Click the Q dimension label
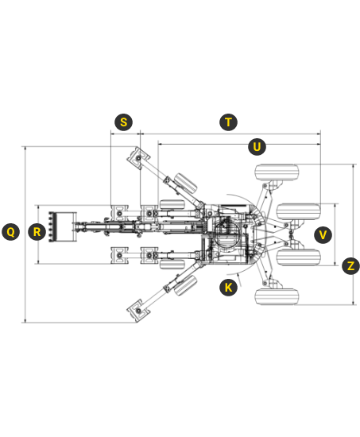[11, 231]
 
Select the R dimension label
[37, 231]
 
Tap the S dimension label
[123, 122]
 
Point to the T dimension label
[228, 122]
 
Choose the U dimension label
[257, 147]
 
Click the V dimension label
[323, 234]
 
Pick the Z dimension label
[350, 265]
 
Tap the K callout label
[228, 287]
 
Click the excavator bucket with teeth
[63, 227]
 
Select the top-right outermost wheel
[277, 172]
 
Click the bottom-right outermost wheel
[277, 296]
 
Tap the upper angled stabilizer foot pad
[138, 158]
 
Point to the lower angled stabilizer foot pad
[138, 311]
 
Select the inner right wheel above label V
[298, 212]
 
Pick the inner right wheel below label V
[298, 257]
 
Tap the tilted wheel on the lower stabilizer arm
[185, 285]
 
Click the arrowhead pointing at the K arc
[238, 276]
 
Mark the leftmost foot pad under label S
[120, 213]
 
